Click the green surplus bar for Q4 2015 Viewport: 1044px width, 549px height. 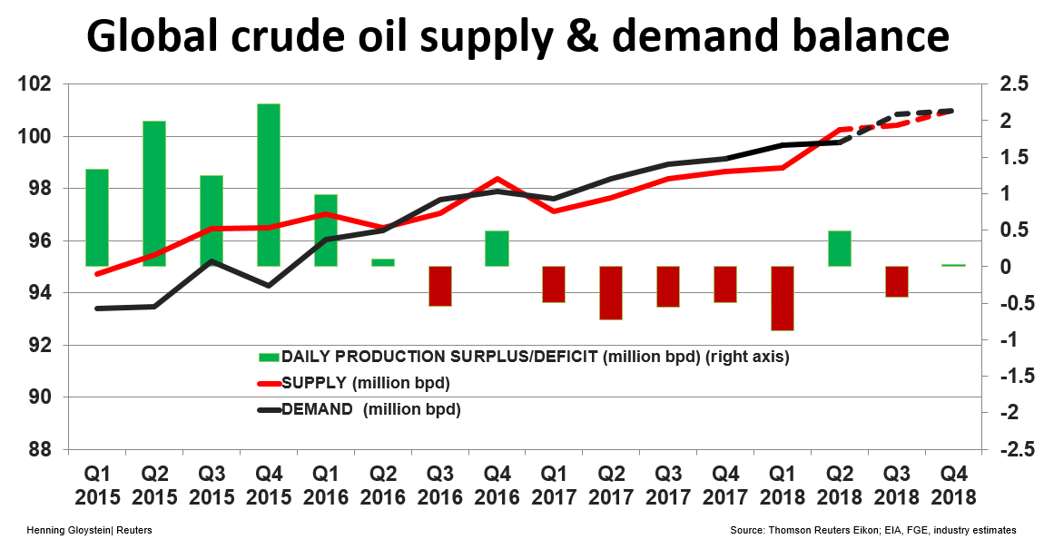(269, 184)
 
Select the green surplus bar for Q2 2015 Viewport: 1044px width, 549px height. (154, 193)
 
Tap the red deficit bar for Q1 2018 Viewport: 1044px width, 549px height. (782, 298)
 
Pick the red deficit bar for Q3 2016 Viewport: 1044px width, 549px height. (439, 286)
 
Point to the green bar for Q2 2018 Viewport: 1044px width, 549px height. (839, 249)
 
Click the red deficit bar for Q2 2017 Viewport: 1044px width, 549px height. (611, 292)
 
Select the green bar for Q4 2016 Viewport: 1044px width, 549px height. (497, 249)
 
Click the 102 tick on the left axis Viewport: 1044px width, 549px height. (45, 85)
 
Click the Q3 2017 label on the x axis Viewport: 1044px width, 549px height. (668, 485)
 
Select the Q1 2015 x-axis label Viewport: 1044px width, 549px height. (97, 485)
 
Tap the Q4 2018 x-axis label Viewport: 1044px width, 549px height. (953, 485)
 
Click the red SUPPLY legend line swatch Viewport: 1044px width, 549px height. (270, 383)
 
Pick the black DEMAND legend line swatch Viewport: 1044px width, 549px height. (270, 409)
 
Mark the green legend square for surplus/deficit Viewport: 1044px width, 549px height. (270, 357)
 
